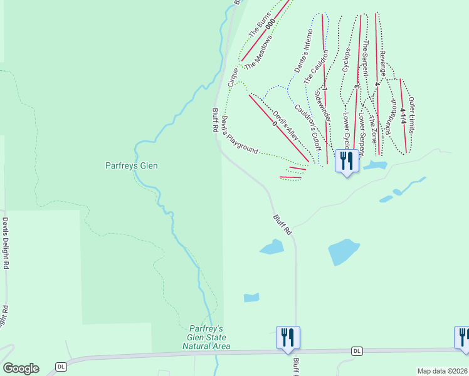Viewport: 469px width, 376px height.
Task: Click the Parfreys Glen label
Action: pos(130,166)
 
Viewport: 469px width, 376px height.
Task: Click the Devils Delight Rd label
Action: pos(5,243)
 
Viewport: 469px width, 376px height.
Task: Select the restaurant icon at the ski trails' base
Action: pos(347,160)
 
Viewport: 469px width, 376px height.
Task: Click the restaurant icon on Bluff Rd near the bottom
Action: pos(288,337)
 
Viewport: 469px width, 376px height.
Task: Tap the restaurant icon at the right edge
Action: pos(463,337)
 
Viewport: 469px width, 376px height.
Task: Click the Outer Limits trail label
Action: pos(412,115)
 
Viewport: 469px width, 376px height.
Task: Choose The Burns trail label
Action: pos(258,24)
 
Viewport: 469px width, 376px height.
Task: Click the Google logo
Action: pos(21,368)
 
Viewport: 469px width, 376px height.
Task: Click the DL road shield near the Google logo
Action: pos(61,366)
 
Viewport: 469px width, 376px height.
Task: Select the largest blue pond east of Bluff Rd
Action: pos(344,252)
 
